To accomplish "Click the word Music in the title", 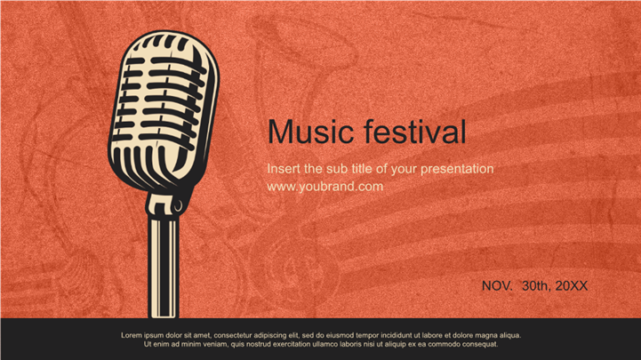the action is pyautogui.click(x=310, y=132).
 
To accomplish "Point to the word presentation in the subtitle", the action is pyautogui.click(x=457, y=169).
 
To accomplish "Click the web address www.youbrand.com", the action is pyautogui.click(x=325, y=187).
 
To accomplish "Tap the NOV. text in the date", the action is pyautogui.click(x=497, y=286).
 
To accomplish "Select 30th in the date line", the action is pyautogui.click(x=535, y=285).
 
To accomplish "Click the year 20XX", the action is pyautogui.click(x=571, y=286).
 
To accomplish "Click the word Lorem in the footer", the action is pyautogui.click(x=132, y=335).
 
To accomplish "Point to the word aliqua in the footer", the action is pyautogui.click(x=509, y=336).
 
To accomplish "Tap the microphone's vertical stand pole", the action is pyautogui.click(x=164, y=268).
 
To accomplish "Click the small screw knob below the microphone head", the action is pyautogui.click(x=178, y=205).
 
